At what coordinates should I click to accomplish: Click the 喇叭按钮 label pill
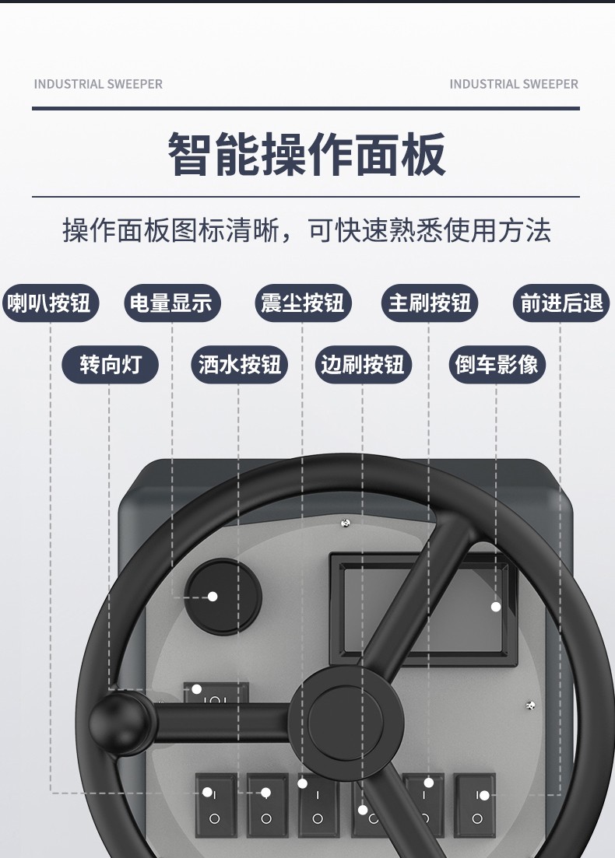click(49, 303)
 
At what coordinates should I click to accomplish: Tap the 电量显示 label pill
click(172, 303)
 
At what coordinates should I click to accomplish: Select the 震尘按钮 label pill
click(303, 303)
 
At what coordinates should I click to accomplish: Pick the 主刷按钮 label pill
click(429, 303)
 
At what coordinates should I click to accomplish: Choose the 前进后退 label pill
click(561, 303)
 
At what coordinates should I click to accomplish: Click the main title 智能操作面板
click(307, 154)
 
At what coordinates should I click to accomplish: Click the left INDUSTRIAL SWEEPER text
click(98, 84)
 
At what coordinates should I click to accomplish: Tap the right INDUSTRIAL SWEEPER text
click(514, 84)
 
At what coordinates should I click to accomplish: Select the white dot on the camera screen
click(496, 607)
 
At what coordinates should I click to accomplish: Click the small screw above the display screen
click(348, 523)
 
